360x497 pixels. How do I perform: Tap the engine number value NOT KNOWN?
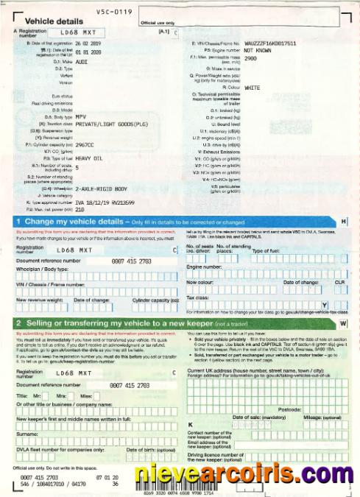click(x=261, y=50)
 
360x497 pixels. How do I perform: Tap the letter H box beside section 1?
click(x=344, y=221)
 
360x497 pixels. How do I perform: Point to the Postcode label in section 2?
click(x=291, y=409)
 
